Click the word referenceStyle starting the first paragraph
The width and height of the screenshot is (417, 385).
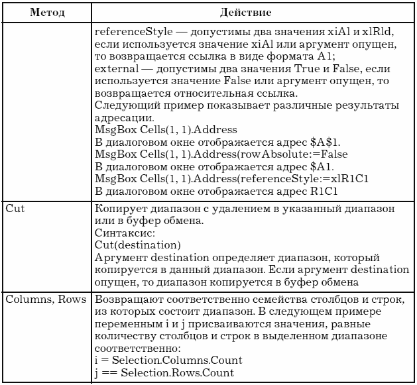coord(129,32)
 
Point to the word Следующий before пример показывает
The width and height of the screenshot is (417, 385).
coord(124,105)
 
